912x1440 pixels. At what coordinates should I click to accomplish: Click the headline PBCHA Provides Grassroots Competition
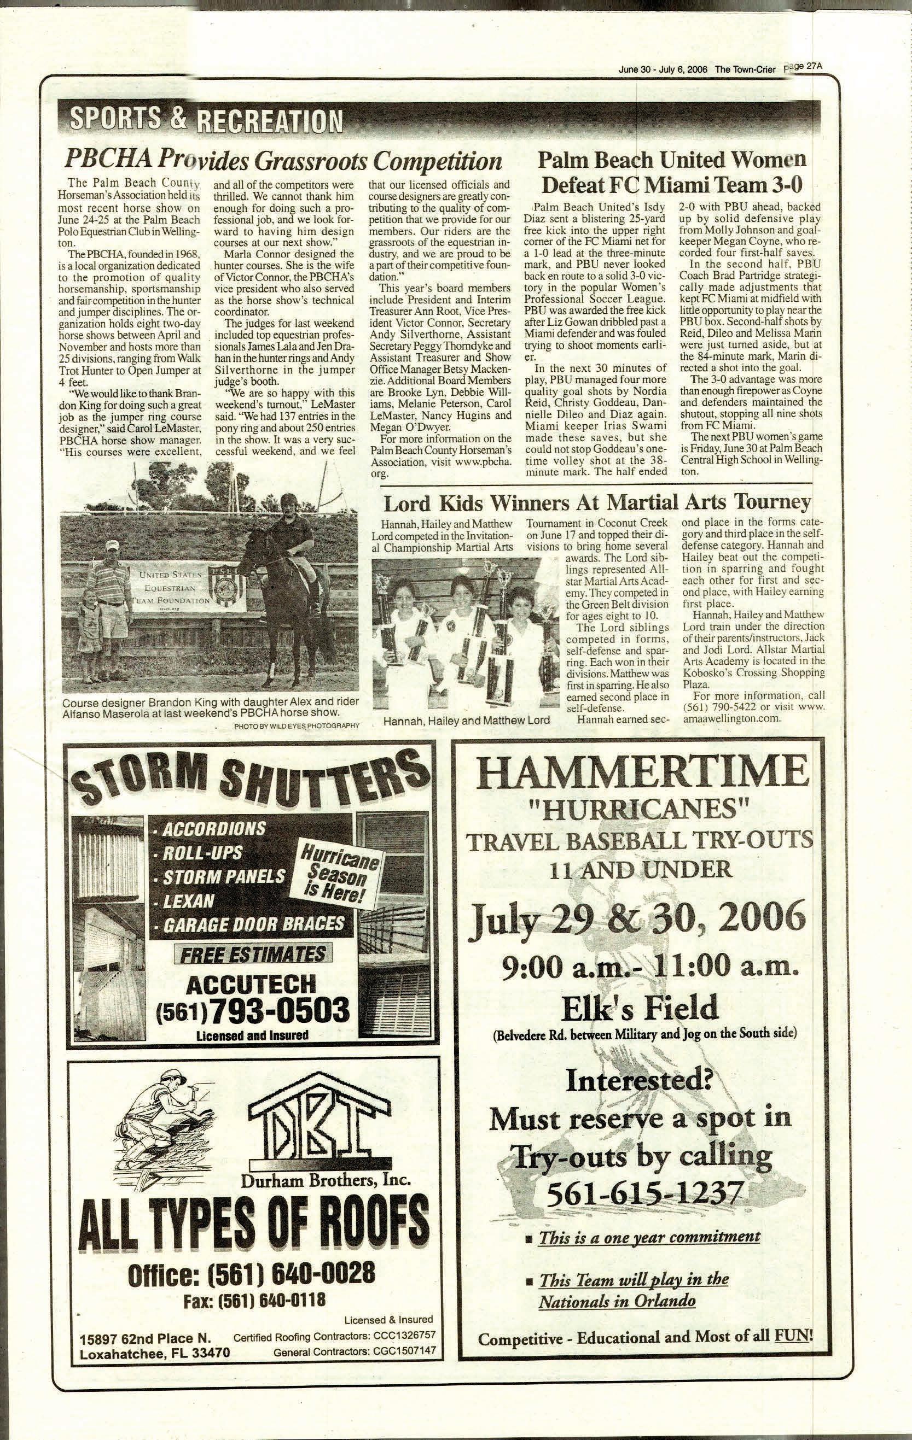[x=282, y=160]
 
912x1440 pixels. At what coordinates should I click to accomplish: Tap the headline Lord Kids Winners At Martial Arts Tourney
[x=597, y=502]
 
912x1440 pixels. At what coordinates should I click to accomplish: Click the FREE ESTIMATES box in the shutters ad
[x=253, y=954]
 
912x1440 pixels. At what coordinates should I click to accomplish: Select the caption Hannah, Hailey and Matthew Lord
[x=466, y=721]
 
